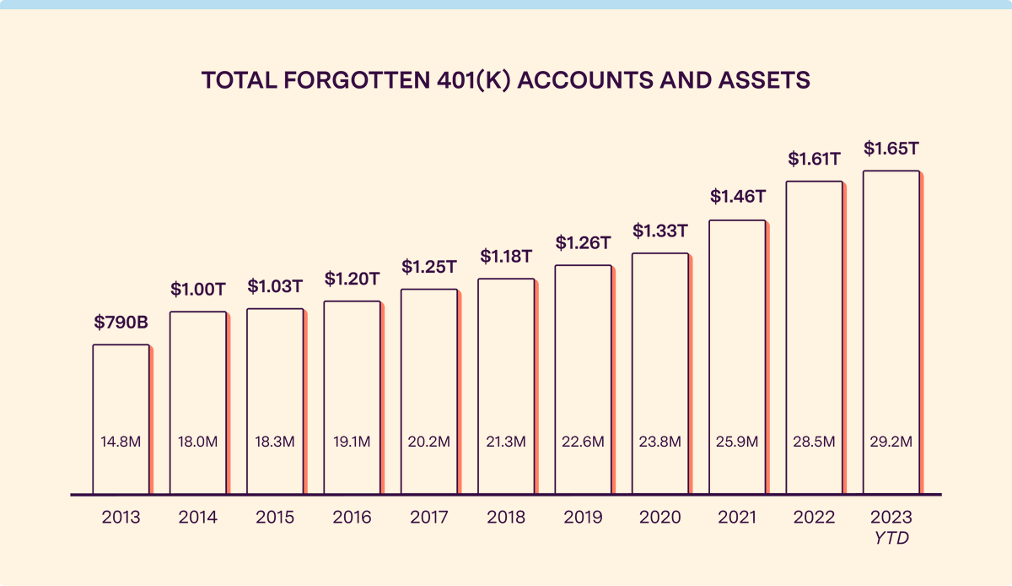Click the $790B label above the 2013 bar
tap(121, 322)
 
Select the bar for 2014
tap(198, 397)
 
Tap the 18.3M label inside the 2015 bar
tap(275, 442)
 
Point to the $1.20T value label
tap(352, 278)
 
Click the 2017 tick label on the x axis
tap(428, 518)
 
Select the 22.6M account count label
tap(583, 442)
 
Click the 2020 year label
tap(659, 518)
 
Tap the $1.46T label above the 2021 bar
tap(737, 197)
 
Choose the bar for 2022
tap(814, 338)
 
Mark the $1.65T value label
tap(891, 149)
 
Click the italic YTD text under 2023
tap(891, 537)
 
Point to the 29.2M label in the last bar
tap(891, 442)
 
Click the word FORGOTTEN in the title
tap(333, 80)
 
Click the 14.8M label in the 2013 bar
tap(121, 442)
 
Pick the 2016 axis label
tap(352, 518)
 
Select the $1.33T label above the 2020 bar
tap(659, 230)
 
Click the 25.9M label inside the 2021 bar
tap(737, 442)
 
